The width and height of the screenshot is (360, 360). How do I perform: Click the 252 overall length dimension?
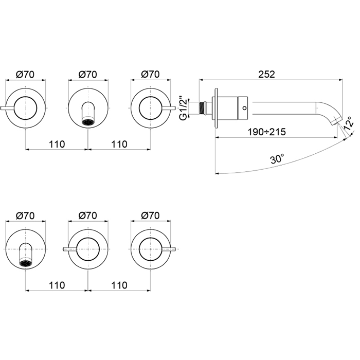point(266,75)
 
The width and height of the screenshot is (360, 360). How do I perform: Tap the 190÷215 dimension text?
point(267,132)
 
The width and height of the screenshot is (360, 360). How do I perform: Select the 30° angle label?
point(277,159)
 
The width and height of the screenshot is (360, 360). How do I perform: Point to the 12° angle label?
point(349,123)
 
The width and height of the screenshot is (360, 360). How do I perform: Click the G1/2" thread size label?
point(183,108)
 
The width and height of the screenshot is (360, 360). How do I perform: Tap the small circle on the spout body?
point(244,107)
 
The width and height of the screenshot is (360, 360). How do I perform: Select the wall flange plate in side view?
point(216,108)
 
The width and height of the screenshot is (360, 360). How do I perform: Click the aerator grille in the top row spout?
point(88,122)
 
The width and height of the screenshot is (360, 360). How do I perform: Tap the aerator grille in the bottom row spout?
point(26,263)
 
